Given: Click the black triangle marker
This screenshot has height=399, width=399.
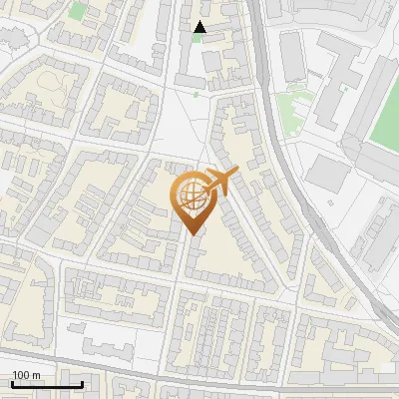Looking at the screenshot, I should point(199,27).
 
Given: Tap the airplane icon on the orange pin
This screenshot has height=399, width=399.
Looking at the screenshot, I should point(220,183).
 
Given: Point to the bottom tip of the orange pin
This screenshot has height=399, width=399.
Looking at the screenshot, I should point(193,234).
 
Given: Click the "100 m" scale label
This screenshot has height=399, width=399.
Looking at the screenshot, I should point(27,375).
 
